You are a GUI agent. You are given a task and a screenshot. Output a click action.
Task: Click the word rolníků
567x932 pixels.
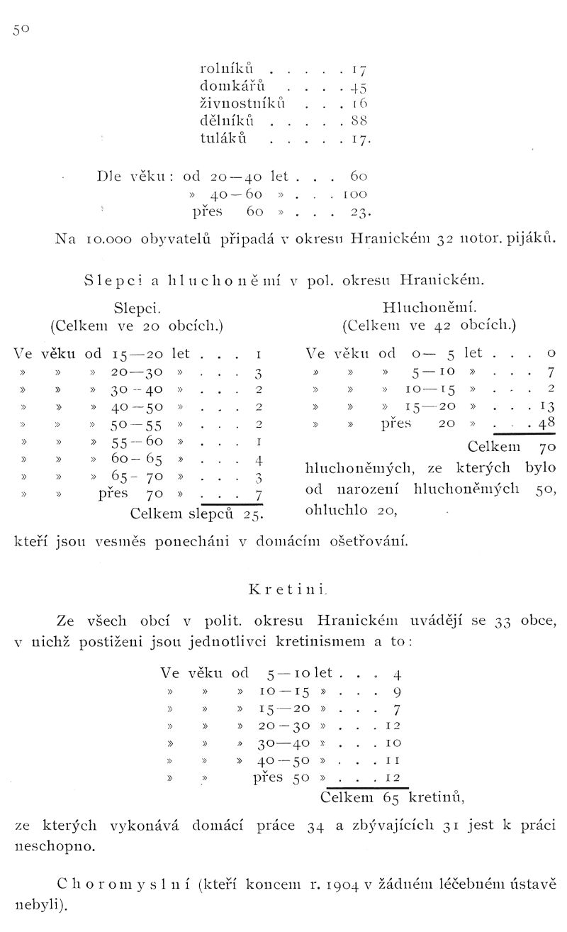coord(223,70)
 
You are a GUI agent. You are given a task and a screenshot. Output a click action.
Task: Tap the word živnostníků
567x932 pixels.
coord(243,104)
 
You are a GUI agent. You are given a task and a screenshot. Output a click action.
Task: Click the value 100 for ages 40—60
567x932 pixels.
coord(357,193)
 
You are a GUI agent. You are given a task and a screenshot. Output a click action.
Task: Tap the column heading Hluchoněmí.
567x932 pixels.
coord(429,308)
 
